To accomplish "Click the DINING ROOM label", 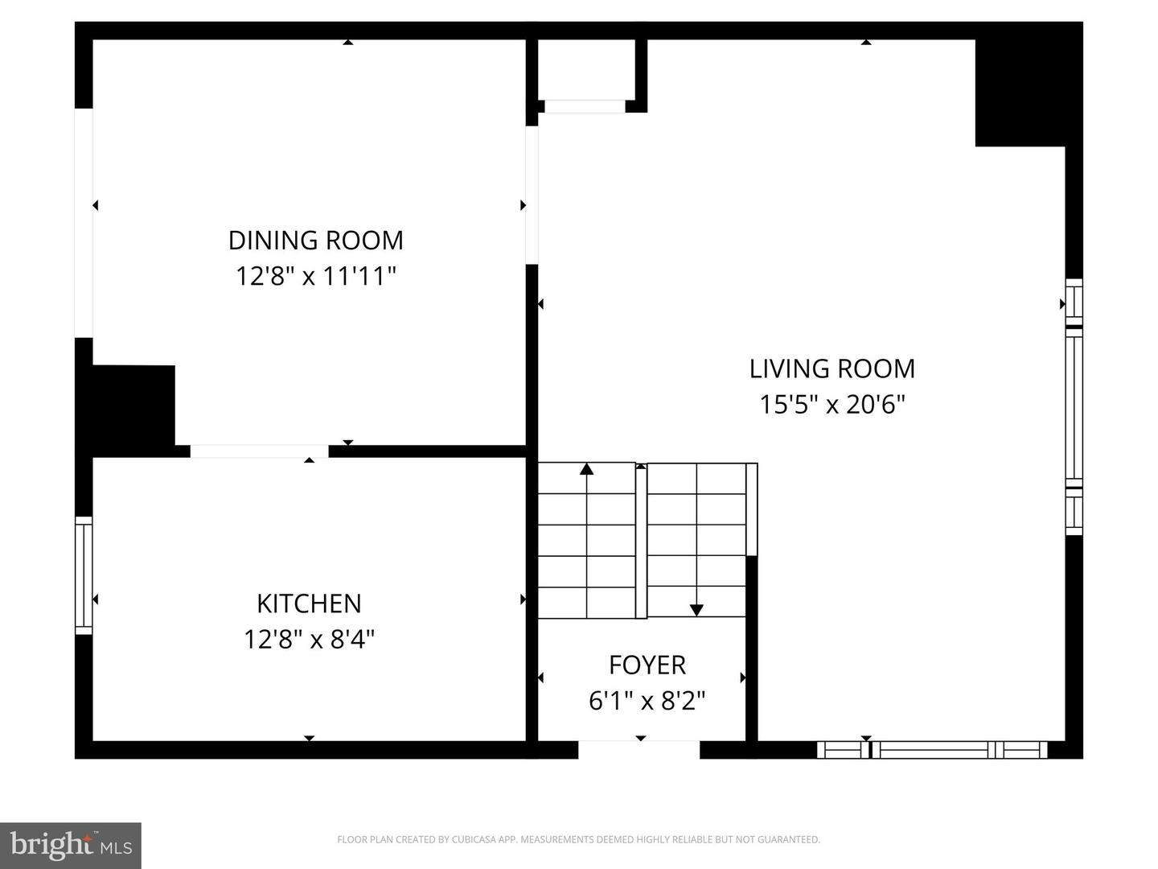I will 315,240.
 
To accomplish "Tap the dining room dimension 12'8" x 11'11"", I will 315,276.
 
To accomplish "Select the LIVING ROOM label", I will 832,369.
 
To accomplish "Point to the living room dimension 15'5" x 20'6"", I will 832,404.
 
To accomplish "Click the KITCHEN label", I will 309,603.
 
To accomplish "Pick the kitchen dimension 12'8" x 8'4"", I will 309,640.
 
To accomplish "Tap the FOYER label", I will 647,665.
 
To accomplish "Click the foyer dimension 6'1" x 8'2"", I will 647,701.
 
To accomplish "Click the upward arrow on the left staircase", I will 586,469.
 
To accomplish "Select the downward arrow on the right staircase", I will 696,610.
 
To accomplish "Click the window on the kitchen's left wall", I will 84,575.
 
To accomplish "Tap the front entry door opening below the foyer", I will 639,750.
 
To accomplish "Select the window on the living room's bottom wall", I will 932,750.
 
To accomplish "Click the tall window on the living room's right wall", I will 1074,406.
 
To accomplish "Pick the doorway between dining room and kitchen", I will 259,451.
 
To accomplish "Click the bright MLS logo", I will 71,845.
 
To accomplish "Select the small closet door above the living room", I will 585,106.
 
